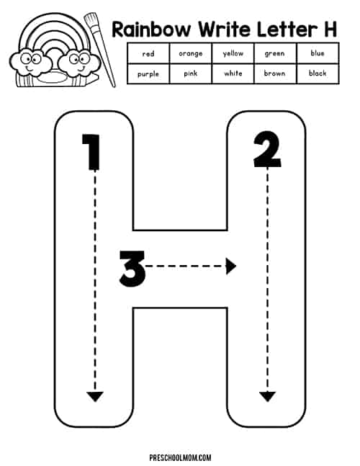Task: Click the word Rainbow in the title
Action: point(151,30)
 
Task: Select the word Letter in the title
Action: point(284,30)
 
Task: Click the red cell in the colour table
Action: point(148,53)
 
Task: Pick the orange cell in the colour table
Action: point(190,53)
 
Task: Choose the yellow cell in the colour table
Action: point(233,53)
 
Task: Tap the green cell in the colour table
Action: point(275,53)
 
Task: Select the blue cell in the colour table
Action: point(318,53)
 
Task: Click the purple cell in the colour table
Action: point(148,73)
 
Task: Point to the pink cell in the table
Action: point(190,73)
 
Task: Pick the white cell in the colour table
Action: point(233,73)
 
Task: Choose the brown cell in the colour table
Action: point(275,73)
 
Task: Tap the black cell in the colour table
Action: point(318,73)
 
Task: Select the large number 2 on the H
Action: point(267,150)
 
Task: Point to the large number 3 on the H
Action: point(132,269)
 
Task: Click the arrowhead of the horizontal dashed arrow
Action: point(231,266)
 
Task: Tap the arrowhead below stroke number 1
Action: point(95,397)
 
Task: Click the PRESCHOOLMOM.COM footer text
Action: point(180,457)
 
